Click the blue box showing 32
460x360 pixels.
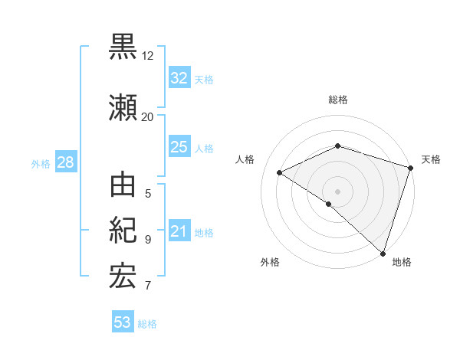[x=179, y=78]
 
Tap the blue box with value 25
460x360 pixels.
[x=179, y=147]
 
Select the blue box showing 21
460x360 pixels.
[x=179, y=231]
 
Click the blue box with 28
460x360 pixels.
[x=65, y=162]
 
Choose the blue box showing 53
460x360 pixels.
[x=123, y=322]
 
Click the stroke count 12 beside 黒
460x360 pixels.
[x=148, y=56]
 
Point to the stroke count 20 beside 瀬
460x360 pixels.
[x=148, y=116]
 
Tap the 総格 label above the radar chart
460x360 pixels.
[x=337, y=100]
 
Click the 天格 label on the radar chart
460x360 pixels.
[x=431, y=159]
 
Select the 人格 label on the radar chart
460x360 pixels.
[x=245, y=159]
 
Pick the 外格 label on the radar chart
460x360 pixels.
[x=270, y=263]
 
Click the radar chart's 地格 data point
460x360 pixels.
[x=383, y=253]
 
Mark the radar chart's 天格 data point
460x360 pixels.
[x=411, y=168]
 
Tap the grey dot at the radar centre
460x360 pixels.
[x=337, y=191]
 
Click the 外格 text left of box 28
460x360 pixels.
[x=41, y=163]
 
